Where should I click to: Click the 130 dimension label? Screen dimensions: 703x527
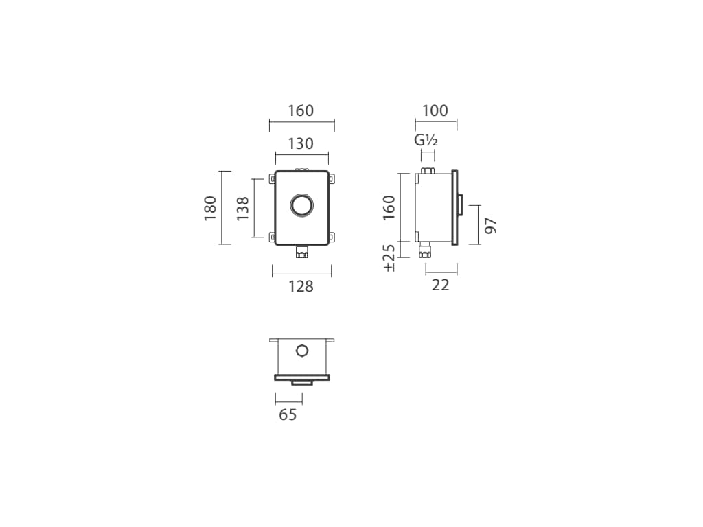pos(301,144)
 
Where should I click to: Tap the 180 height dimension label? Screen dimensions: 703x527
pos(210,208)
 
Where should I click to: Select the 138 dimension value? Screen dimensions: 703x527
pos(242,208)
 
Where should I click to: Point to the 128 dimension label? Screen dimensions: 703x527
pos(301,286)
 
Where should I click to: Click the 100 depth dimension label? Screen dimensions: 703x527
pos(435,110)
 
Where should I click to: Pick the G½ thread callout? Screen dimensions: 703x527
pos(426,140)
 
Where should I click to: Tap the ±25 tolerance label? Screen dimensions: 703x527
pos(389,258)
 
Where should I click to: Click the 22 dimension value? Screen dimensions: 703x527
pos(440,285)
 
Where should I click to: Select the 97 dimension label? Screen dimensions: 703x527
pos(492,225)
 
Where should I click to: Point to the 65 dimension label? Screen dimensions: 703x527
pos(288,415)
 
